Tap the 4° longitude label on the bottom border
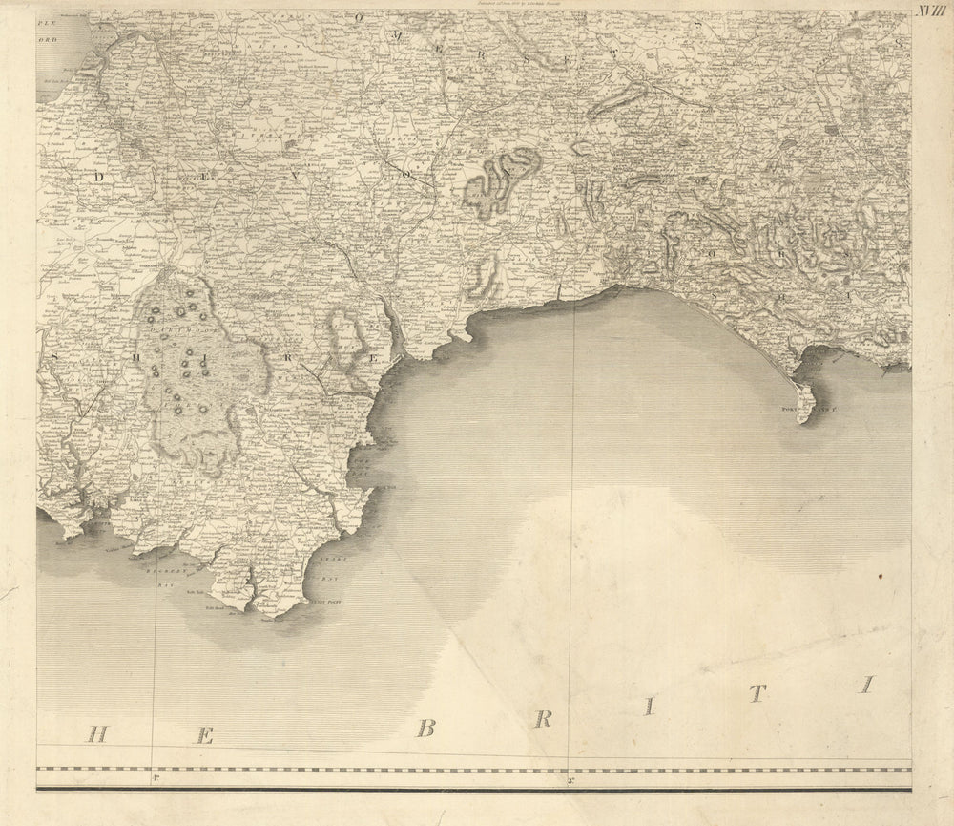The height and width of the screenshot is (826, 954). pos(153,780)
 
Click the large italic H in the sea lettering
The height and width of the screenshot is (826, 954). pos(95,733)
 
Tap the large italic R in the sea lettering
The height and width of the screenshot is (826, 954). pos(544,717)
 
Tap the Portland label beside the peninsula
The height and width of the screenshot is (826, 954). pos(795,408)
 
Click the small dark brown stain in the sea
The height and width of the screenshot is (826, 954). pos(881,576)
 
